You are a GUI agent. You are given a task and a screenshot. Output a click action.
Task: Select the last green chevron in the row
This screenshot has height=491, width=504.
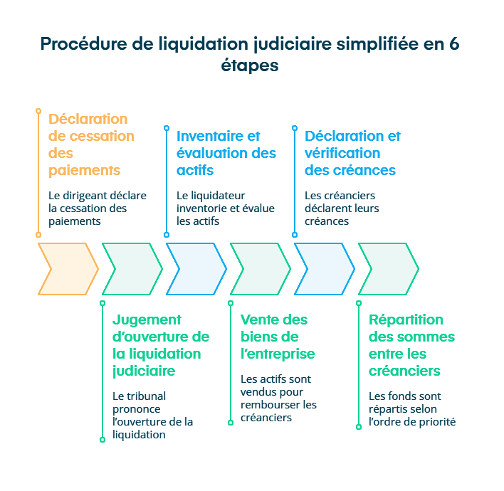[x=389, y=269]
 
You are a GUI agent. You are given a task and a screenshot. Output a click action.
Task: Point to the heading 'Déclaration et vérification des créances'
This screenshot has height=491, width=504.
[x=352, y=153]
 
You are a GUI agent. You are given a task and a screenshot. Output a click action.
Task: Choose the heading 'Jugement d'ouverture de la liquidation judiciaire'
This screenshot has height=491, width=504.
[x=160, y=345]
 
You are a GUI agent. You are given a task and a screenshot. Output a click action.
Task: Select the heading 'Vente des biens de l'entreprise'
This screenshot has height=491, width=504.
[x=277, y=337]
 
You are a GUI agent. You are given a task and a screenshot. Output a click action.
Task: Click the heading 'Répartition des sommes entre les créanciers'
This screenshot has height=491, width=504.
[x=411, y=345]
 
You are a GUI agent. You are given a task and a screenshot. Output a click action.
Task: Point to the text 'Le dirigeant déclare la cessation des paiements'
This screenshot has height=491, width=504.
[x=88, y=208]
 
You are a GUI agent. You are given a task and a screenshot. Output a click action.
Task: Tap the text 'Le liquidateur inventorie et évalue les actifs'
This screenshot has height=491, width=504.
[x=225, y=208]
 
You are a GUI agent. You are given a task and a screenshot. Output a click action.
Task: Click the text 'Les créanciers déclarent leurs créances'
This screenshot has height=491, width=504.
[x=342, y=208]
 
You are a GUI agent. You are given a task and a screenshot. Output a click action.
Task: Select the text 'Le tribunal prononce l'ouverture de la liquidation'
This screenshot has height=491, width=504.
[x=152, y=415]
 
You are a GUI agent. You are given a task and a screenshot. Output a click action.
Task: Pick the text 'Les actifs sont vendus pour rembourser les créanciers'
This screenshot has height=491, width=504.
[x=278, y=398]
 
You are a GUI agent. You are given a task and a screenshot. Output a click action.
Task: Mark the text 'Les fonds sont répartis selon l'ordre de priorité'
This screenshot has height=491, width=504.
[x=411, y=409]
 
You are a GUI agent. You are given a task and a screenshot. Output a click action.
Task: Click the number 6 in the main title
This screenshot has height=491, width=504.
[x=454, y=43]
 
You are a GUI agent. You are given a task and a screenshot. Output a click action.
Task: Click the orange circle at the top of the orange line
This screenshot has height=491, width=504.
[x=38, y=111]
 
